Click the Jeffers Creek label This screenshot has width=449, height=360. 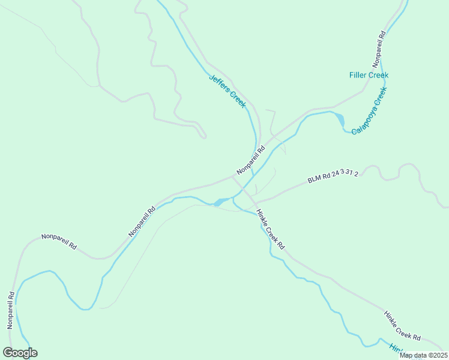[x=228, y=91]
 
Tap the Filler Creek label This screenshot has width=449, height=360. [x=369, y=75]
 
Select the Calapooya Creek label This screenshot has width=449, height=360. [x=369, y=110]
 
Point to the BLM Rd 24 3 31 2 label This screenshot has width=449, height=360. [x=333, y=178]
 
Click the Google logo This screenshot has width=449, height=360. [x=20, y=353]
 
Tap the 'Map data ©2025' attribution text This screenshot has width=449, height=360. [x=423, y=355]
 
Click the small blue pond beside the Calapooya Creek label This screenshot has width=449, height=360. [x=340, y=119]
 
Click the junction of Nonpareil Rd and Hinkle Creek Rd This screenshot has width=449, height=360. [x=233, y=177]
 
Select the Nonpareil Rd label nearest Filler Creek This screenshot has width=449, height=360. [x=378, y=48]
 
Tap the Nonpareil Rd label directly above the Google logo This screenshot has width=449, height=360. [x=10, y=310]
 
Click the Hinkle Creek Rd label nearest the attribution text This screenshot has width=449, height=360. [x=403, y=326]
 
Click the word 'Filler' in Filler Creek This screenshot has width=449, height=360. [x=359, y=75]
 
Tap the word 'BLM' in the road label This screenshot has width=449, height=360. [x=315, y=179]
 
